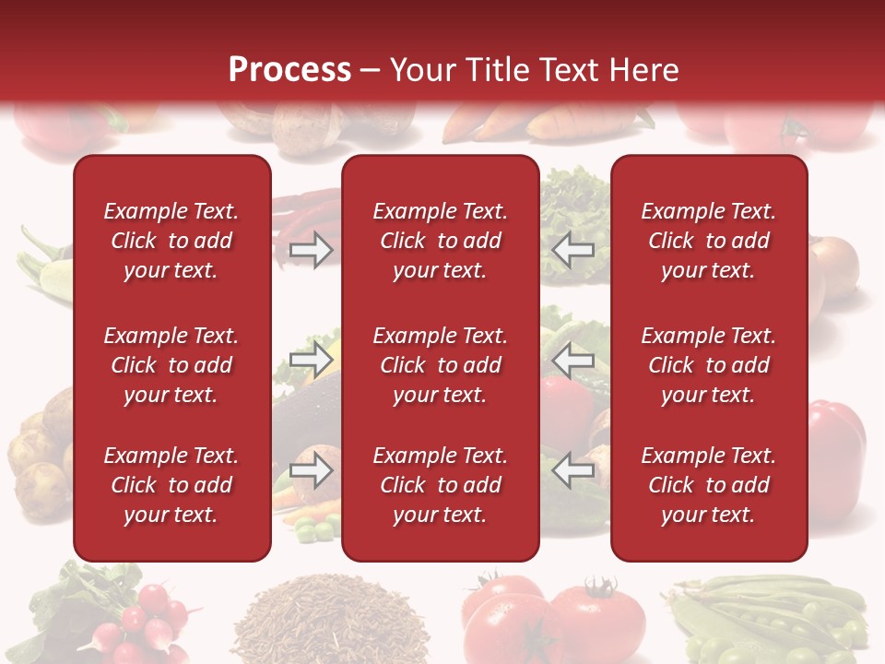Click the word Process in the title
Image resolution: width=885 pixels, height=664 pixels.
(x=289, y=70)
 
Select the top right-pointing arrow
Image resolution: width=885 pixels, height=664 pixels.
(x=312, y=249)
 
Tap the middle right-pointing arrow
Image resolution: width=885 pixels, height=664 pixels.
(x=312, y=360)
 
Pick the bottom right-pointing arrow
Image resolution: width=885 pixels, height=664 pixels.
(x=312, y=471)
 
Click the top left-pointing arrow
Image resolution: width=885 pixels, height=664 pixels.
(x=572, y=249)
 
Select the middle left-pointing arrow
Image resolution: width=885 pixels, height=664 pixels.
(x=572, y=360)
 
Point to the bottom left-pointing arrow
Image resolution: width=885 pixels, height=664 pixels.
(x=572, y=471)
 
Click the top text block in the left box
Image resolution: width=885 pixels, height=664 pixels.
(x=171, y=241)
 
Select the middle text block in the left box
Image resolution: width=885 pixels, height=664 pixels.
(x=171, y=365)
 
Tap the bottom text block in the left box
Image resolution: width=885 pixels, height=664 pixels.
(x=171, y=485)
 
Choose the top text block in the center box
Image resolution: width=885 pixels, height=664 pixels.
(x=440, y=241)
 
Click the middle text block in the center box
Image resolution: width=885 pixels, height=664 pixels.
(x=440, y=365)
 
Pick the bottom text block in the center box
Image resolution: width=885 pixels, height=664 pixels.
(x=440, y=485)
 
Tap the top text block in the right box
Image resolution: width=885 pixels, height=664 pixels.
(x=708, y=241)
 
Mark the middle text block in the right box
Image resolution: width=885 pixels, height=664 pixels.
(x=708, y=365)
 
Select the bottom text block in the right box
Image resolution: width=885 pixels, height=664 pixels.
(x=708, y=485)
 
